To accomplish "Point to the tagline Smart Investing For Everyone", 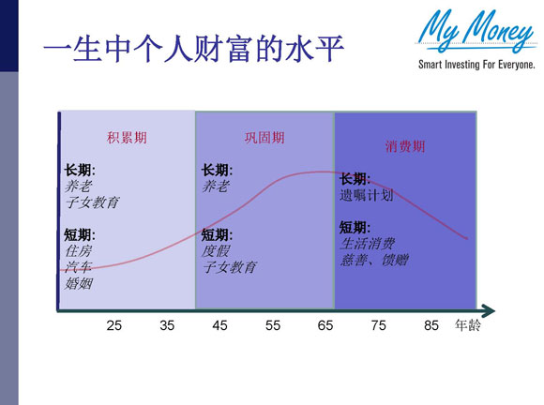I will coord(476,66).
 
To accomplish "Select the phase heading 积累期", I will coord(127,138).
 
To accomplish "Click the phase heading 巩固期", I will coord(264,138).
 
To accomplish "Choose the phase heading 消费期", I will coord(405,146).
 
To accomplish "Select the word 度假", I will coord(216,251).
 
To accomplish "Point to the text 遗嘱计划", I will coord(367,196).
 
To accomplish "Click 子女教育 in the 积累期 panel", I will coord(92,202).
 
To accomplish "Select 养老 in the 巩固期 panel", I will coord(216,187).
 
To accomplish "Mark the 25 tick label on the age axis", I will coord(113,326).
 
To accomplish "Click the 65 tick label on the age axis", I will coord(325,326).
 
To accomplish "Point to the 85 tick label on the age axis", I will coord(431,326).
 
